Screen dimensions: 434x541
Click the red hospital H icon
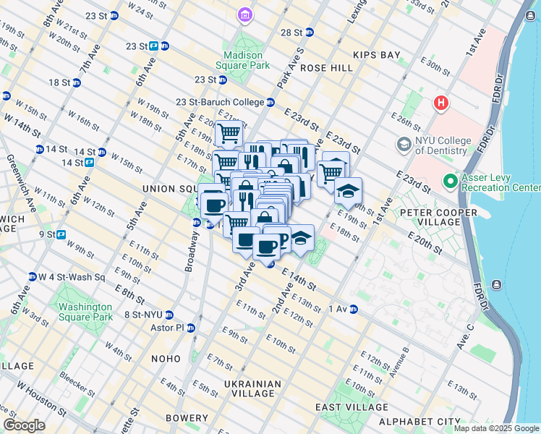(440, 103)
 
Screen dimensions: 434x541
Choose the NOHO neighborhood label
(166, 359)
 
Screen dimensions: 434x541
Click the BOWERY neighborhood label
(187, 418)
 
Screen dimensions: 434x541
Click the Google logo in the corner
(25, 425)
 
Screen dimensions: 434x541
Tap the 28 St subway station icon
(309, 33)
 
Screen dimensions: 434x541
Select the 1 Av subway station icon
(354, 309)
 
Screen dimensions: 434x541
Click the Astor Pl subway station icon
(191, 328)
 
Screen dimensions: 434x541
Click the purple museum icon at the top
(245, 14)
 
